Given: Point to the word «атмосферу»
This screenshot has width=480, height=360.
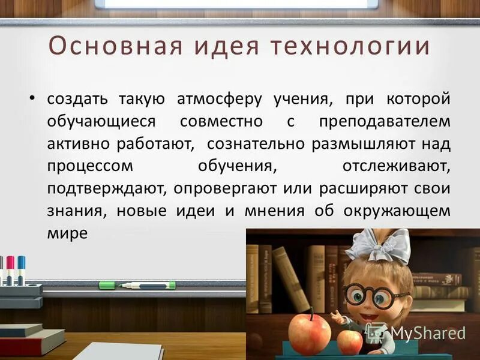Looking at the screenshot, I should pos(218,98).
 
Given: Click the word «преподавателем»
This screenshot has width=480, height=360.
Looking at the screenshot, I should pos(385,121).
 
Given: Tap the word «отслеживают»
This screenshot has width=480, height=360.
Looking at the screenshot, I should pos(396,166).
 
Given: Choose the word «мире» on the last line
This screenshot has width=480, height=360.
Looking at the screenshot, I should pos(67,233).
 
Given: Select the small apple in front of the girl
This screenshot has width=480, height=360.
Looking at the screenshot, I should pos(349,341).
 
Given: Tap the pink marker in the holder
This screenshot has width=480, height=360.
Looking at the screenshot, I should pos(10,267).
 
